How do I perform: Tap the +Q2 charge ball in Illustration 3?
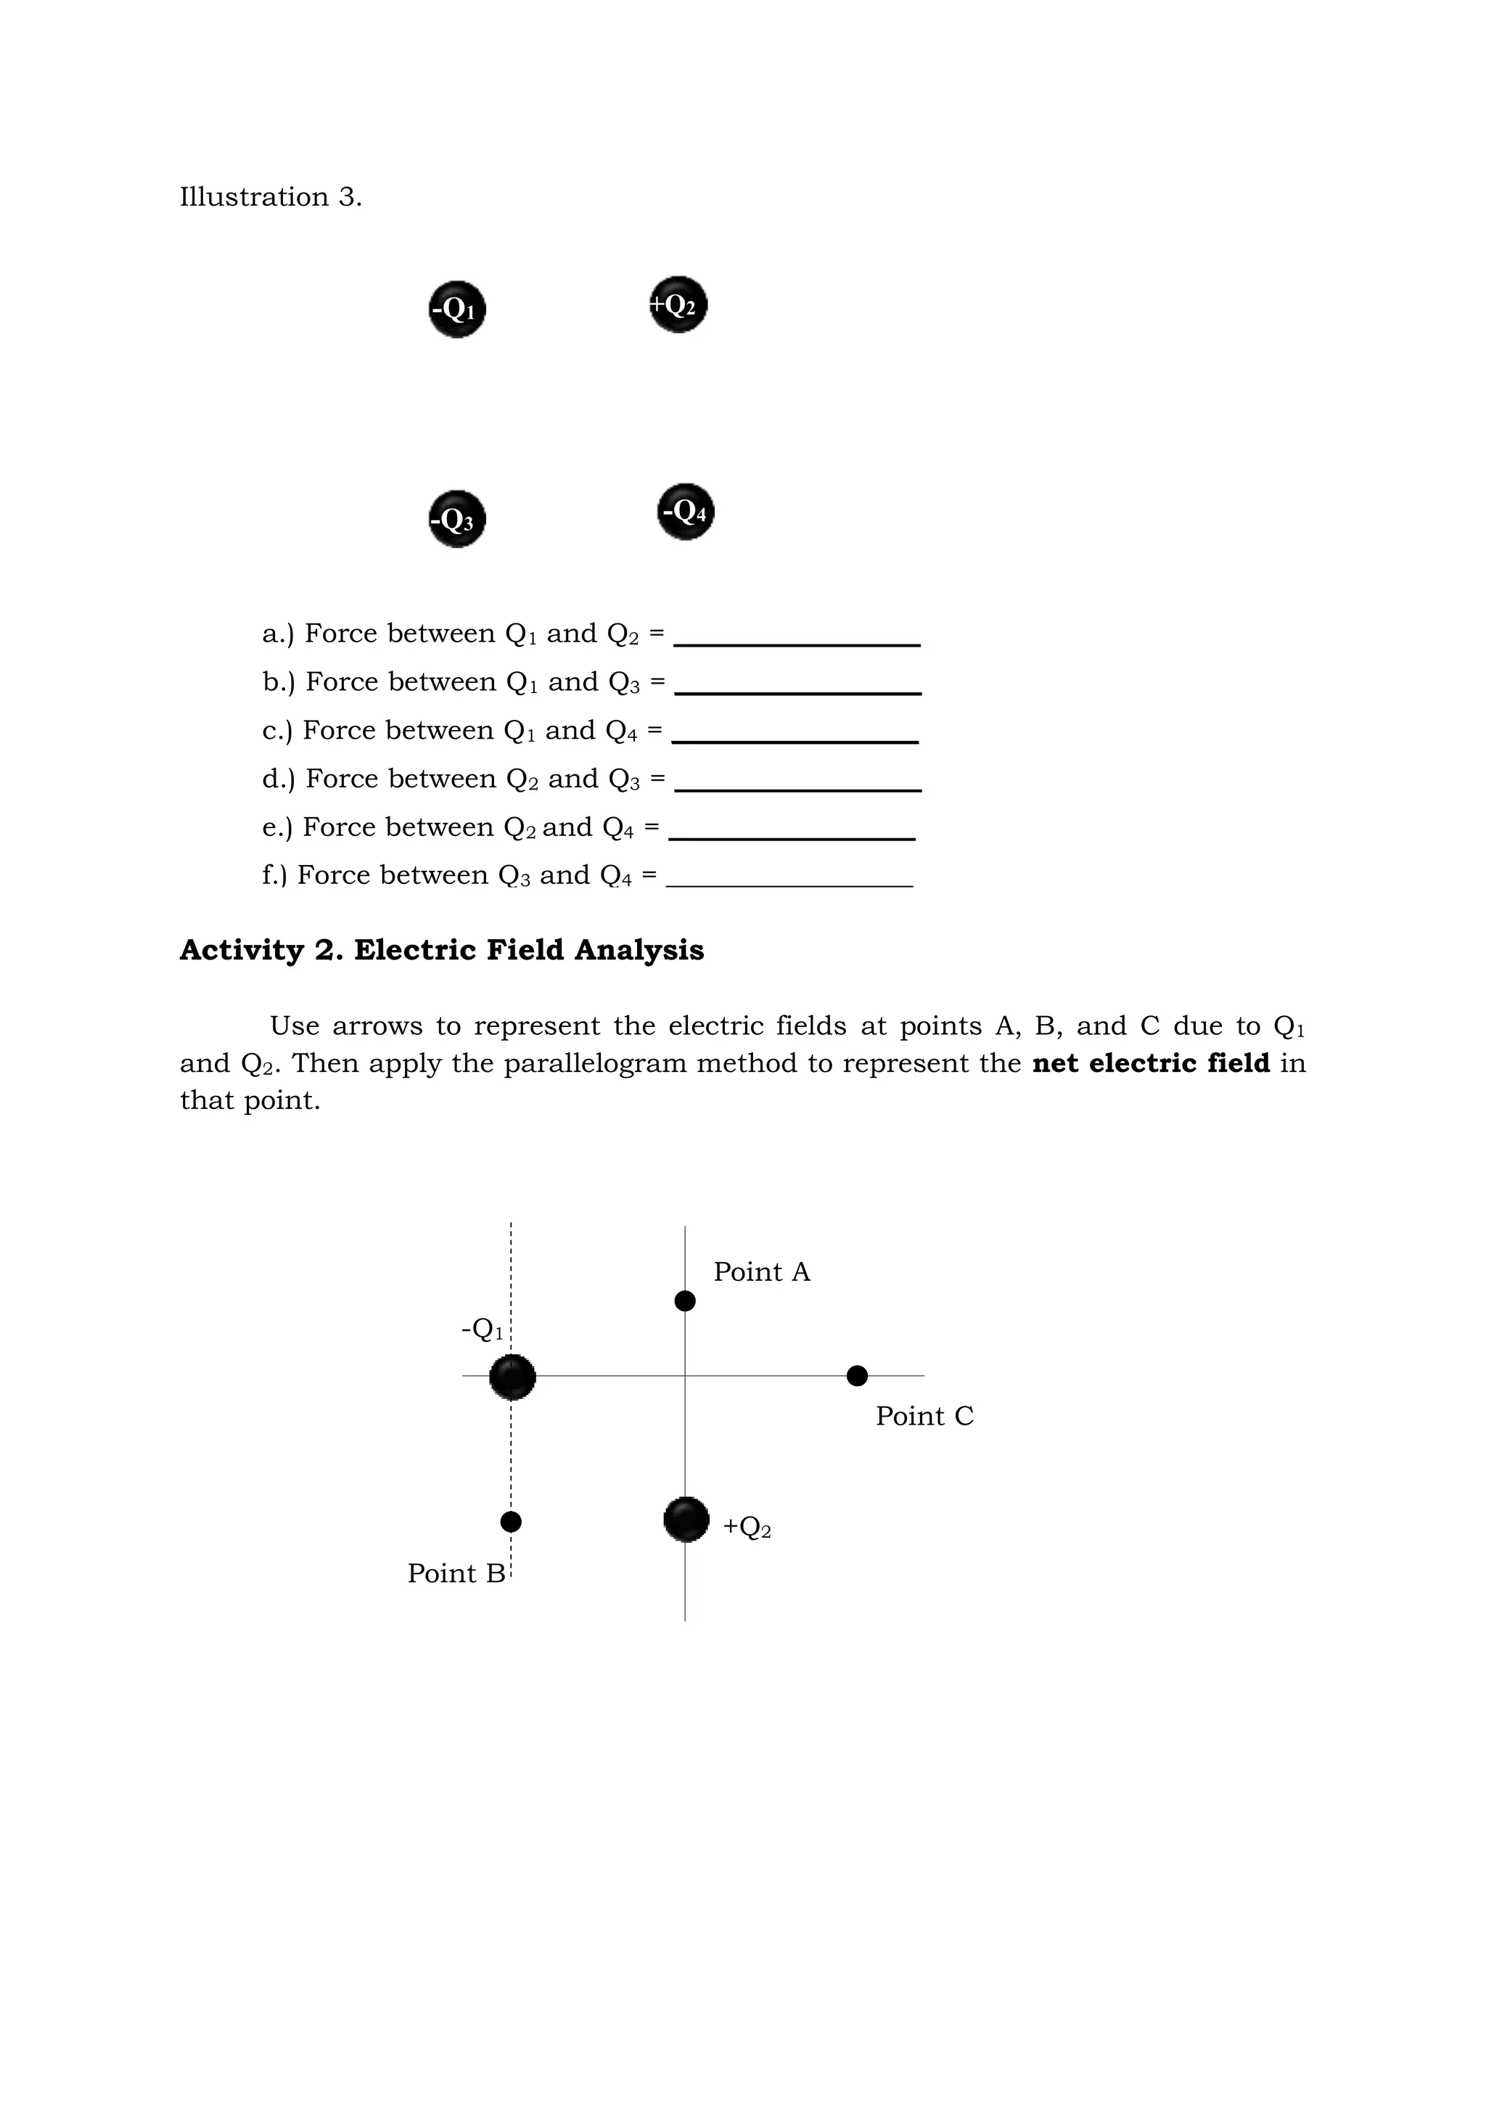click(678, 305)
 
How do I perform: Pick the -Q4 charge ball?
click(686, 512)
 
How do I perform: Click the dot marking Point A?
click(684, 1301)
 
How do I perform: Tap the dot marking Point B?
click(511, 1522)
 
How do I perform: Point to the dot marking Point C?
click(856, 1375)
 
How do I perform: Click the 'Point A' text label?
click(761, 1272)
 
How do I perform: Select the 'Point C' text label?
click(924, 1417)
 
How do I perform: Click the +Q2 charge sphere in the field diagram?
click(686, 1520)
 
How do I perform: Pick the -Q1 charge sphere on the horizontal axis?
click(512, 1377)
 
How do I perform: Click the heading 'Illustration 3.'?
click(271, 197)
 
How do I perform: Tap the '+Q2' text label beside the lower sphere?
click(747, 1526)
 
